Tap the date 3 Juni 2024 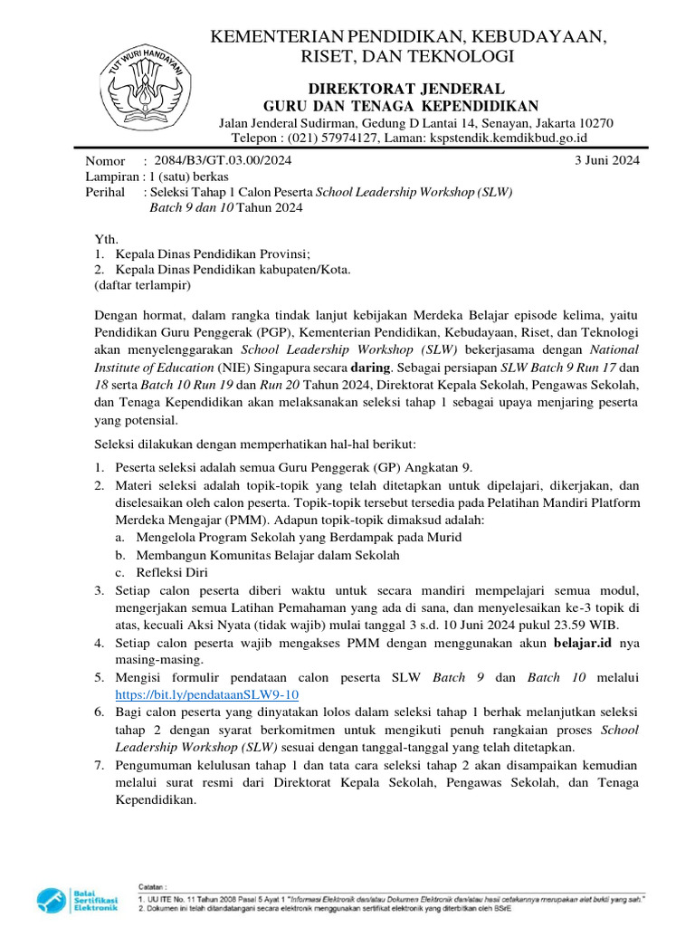(607, 160)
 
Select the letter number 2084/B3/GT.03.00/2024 (224, 160)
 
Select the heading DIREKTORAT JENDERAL (406, 88)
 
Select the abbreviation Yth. (106, 239)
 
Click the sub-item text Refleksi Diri (172, 573)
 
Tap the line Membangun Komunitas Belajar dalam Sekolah (268, 555)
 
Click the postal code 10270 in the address (594, 123)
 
